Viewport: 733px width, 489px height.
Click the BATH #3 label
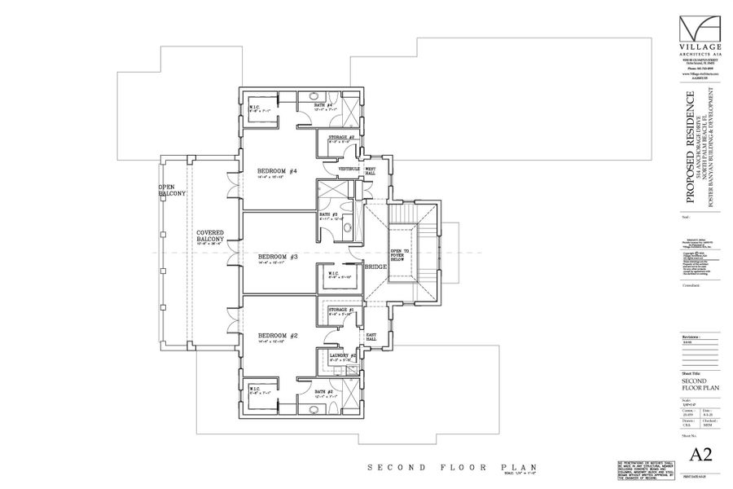[329, 214]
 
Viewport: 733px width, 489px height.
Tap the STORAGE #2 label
[341, 138]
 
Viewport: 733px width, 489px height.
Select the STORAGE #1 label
[341, 310]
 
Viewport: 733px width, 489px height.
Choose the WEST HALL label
[371, 171]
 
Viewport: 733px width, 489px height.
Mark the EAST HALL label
[371, 337]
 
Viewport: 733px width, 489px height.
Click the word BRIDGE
[376, 267]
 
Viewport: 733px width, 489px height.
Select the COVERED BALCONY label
[210, 236]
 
